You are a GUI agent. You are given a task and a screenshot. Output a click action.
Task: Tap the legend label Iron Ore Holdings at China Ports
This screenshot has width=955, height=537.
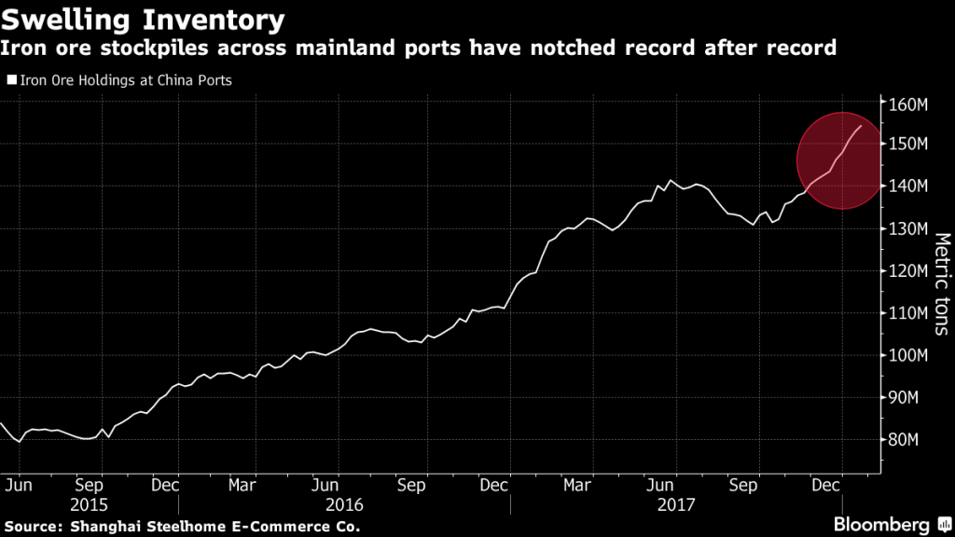click(122, 80)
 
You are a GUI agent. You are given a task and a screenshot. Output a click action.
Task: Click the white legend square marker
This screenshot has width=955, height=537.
click(11, 80)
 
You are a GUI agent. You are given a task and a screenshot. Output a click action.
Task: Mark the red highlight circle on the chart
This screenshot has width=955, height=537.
click(839, 160)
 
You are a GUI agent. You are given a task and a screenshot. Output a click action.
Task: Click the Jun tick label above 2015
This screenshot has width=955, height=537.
click(21, 486)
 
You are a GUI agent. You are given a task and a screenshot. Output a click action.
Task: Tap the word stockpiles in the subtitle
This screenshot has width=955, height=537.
click(137, 47)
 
